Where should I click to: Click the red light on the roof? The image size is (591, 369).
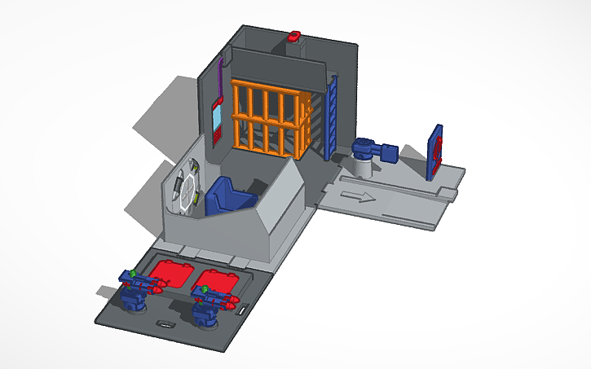pyautogui.click(x=294, y=35)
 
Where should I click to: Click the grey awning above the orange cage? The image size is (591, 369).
pyautogui.click(x=277, y=65)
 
